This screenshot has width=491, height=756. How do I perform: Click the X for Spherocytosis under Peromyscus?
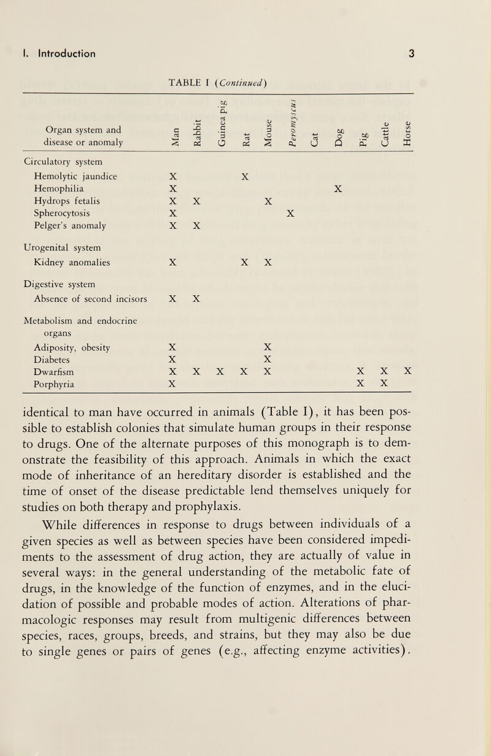coord(290,213)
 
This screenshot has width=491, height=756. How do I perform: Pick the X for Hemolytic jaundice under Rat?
coord(244,176)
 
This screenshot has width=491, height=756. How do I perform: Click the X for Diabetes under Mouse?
coord(267,360)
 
